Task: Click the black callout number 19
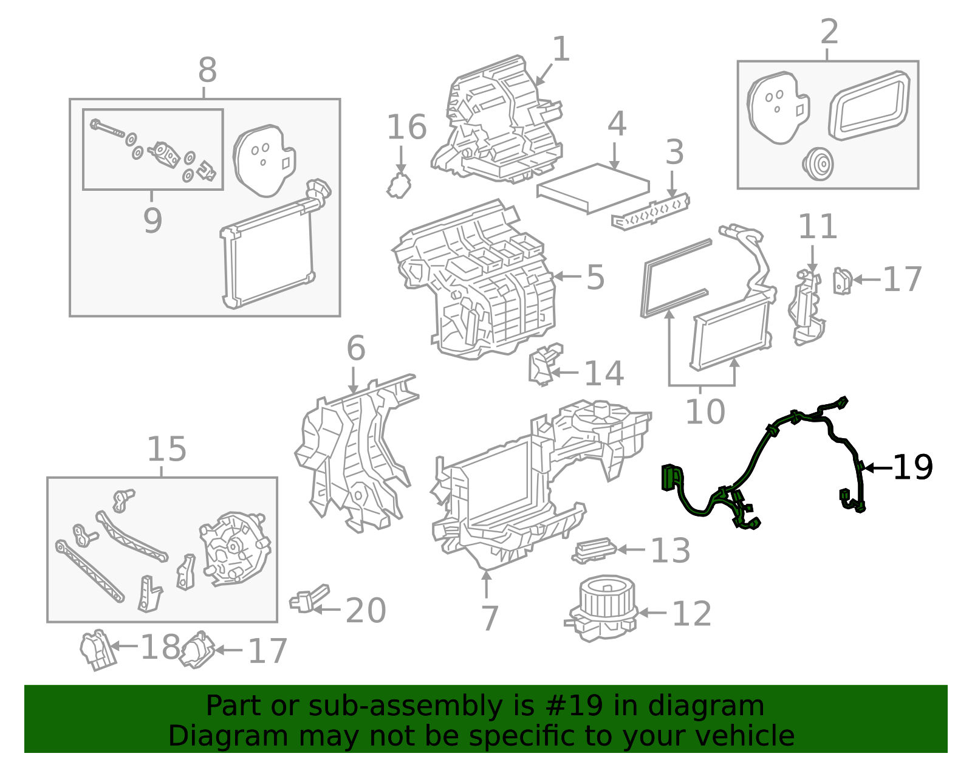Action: [912, 467]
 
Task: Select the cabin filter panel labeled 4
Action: [593, 187]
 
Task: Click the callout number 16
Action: [406, 128]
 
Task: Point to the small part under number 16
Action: [399, 185]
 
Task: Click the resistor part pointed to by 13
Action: [594, 549]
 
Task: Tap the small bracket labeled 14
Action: [544, 364]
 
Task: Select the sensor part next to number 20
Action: [309, 598]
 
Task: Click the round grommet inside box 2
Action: [817, 163]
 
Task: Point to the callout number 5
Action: [595, 277]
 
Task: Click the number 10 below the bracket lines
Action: [705, 411]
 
